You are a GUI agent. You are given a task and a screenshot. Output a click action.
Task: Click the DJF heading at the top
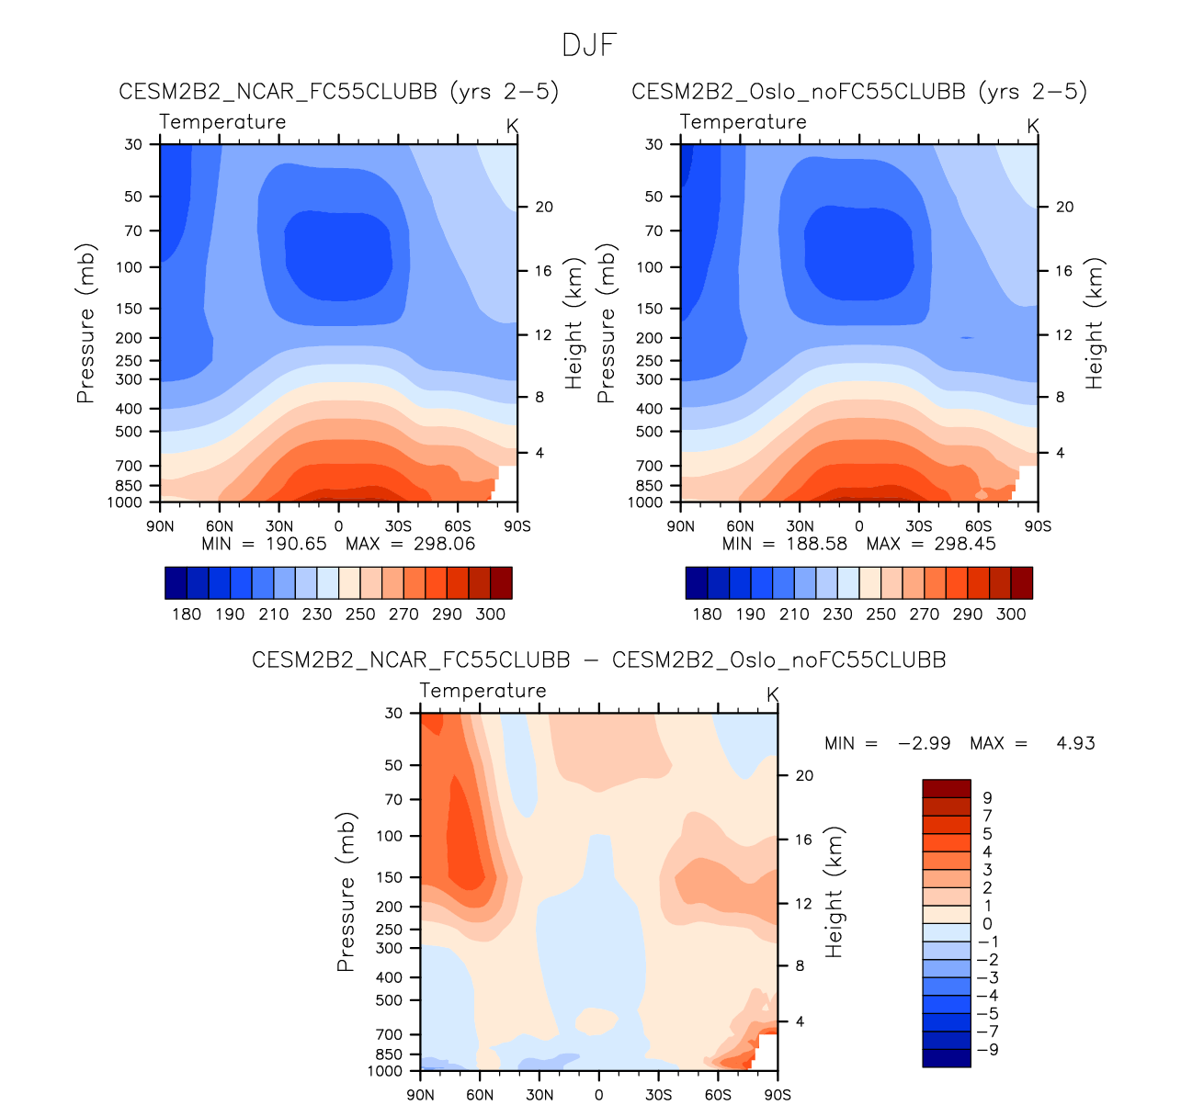[x=589, y=45]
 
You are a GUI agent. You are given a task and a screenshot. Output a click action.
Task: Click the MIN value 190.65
[x=297, y=544]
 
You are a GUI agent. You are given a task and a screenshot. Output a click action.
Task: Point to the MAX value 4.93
[x=1076, y=743]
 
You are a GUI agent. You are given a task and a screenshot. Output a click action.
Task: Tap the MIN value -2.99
[x=924, y=743]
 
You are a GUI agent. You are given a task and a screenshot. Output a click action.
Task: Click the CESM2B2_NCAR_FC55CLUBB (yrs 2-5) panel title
[x=338, y=92]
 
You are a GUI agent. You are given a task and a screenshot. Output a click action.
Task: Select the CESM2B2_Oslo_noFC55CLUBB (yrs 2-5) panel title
[x=859, y=92]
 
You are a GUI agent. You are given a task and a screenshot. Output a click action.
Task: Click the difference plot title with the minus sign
[x=598, y=660]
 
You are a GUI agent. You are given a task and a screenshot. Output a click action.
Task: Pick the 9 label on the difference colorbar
[x=987, y=798]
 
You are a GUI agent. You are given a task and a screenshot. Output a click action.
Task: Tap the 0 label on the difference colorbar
[x=987, y=924]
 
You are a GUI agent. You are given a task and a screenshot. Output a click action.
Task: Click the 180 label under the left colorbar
[x=187, y=615]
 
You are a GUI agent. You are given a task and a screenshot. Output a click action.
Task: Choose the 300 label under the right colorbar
[x=1011, y=615]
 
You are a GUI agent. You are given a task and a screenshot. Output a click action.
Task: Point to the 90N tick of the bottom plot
[x=420, y=1095]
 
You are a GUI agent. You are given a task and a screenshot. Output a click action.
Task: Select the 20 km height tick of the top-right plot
[x=1064, y=207]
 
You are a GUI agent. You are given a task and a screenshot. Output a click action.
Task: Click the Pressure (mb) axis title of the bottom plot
[x=346, y=891]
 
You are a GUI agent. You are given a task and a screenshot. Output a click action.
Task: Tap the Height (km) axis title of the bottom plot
[x=835, y=891]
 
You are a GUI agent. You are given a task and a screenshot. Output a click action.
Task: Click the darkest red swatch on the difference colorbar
[x=946, y=788]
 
